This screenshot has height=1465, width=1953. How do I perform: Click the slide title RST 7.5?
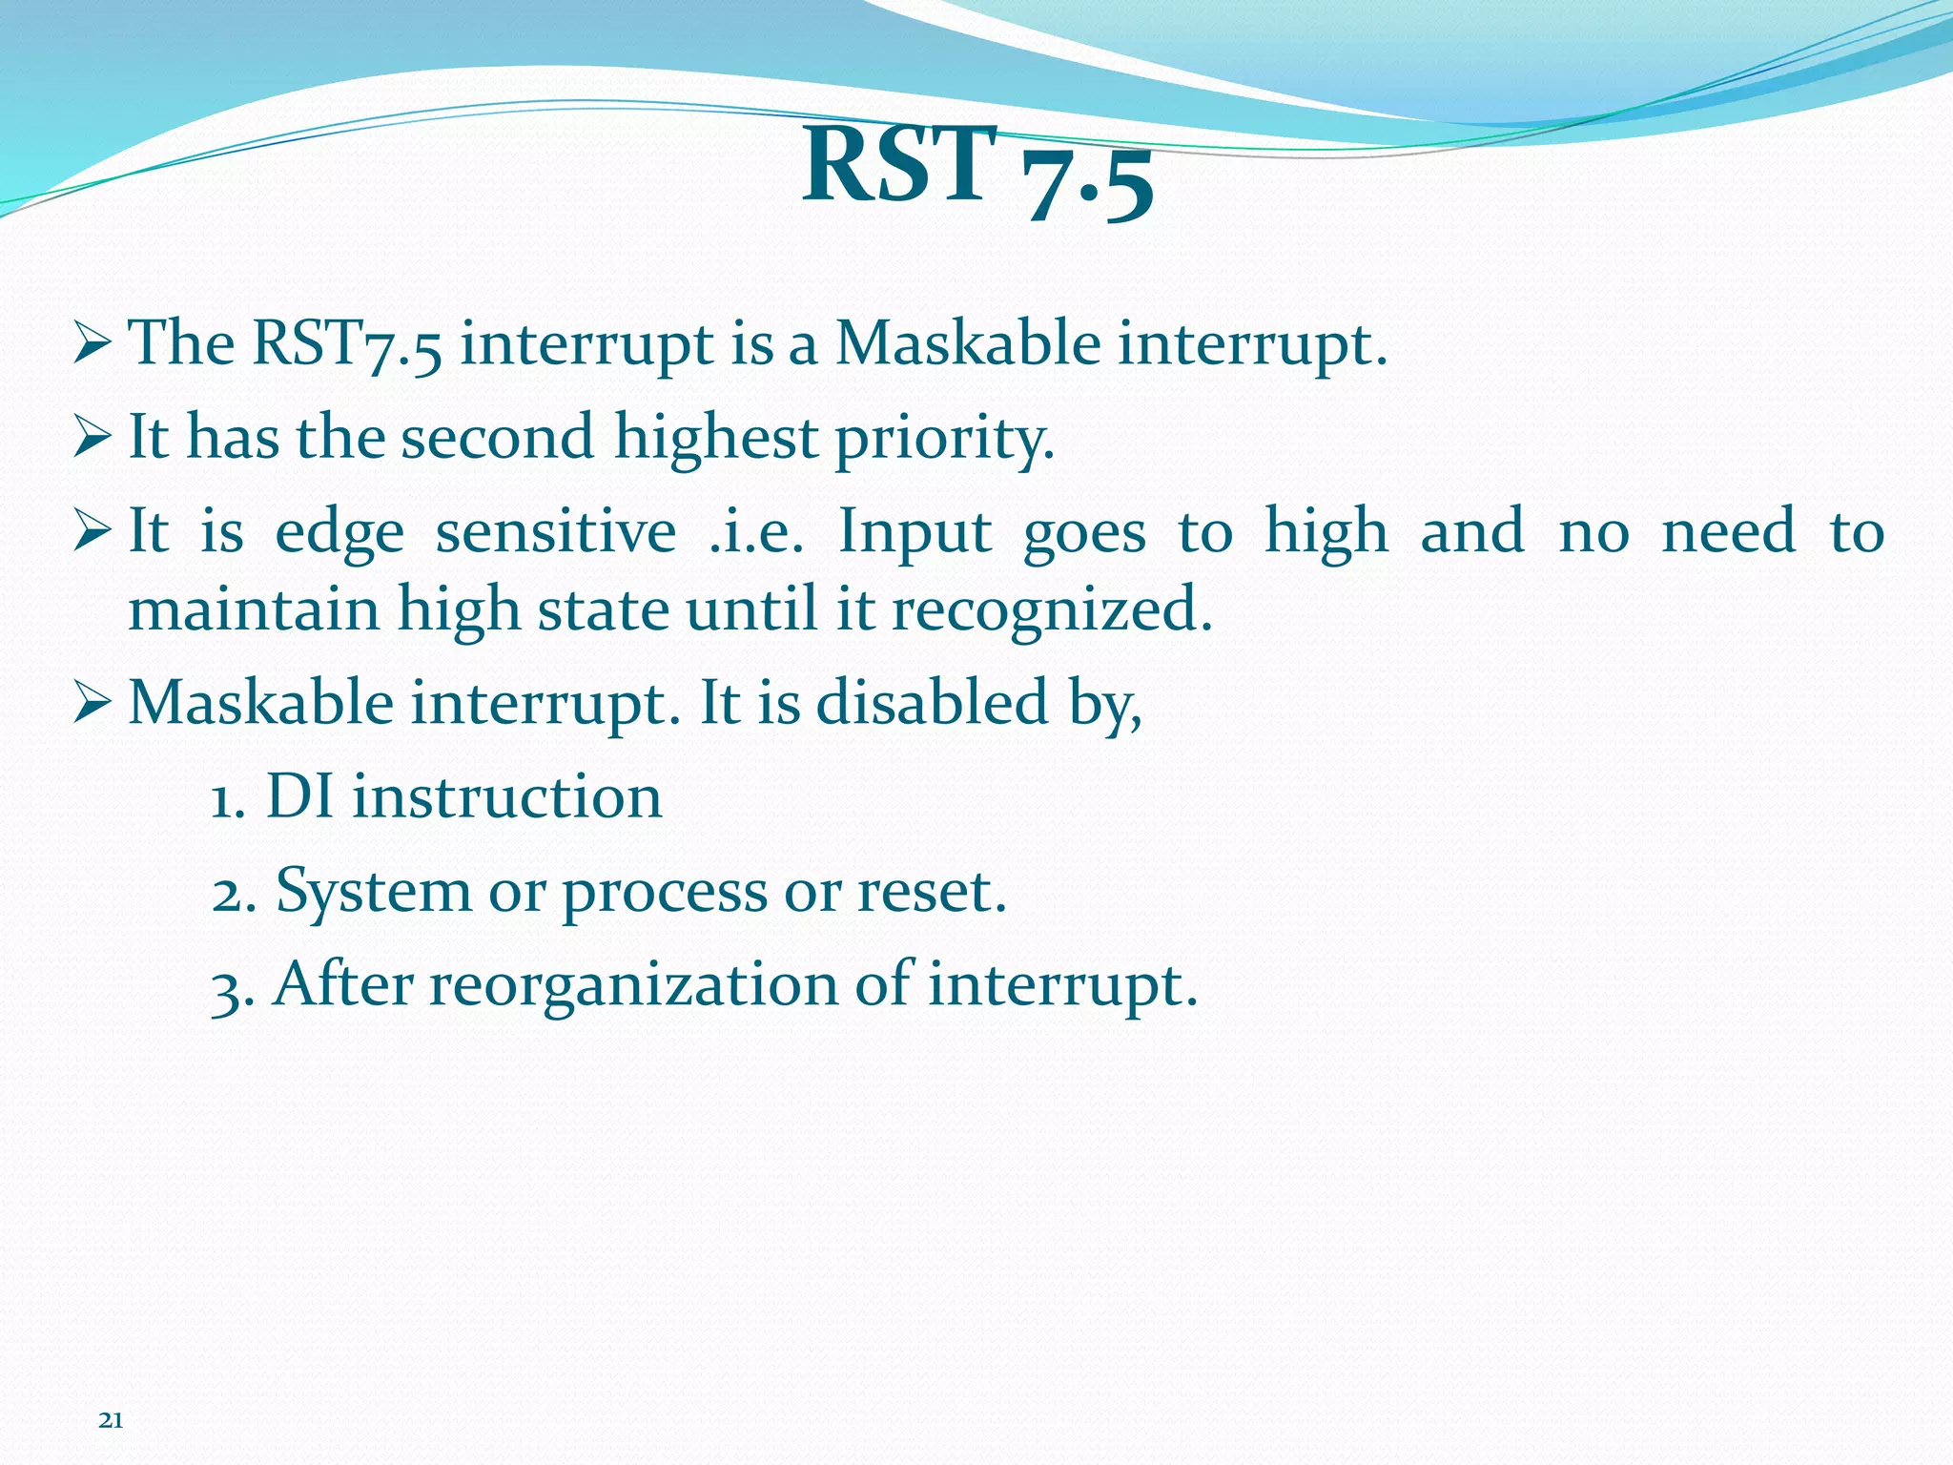coord(977,172)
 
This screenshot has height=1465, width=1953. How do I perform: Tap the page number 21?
coord(111,1421)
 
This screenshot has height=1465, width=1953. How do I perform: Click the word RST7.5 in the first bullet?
coord(347,343)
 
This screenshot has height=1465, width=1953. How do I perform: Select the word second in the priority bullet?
coord(497,437)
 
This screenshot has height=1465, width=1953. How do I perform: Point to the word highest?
coord(715,439)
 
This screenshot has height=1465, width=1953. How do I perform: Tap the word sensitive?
coord(556,531)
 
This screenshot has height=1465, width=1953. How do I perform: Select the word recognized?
coord(1051,610)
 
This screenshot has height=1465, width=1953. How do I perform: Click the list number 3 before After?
coord(225,988)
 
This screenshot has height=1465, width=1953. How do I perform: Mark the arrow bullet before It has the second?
coord(93,439)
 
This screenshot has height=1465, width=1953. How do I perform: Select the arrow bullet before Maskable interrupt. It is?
coord(93,704)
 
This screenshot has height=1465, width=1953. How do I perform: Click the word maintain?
coord(254,609)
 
